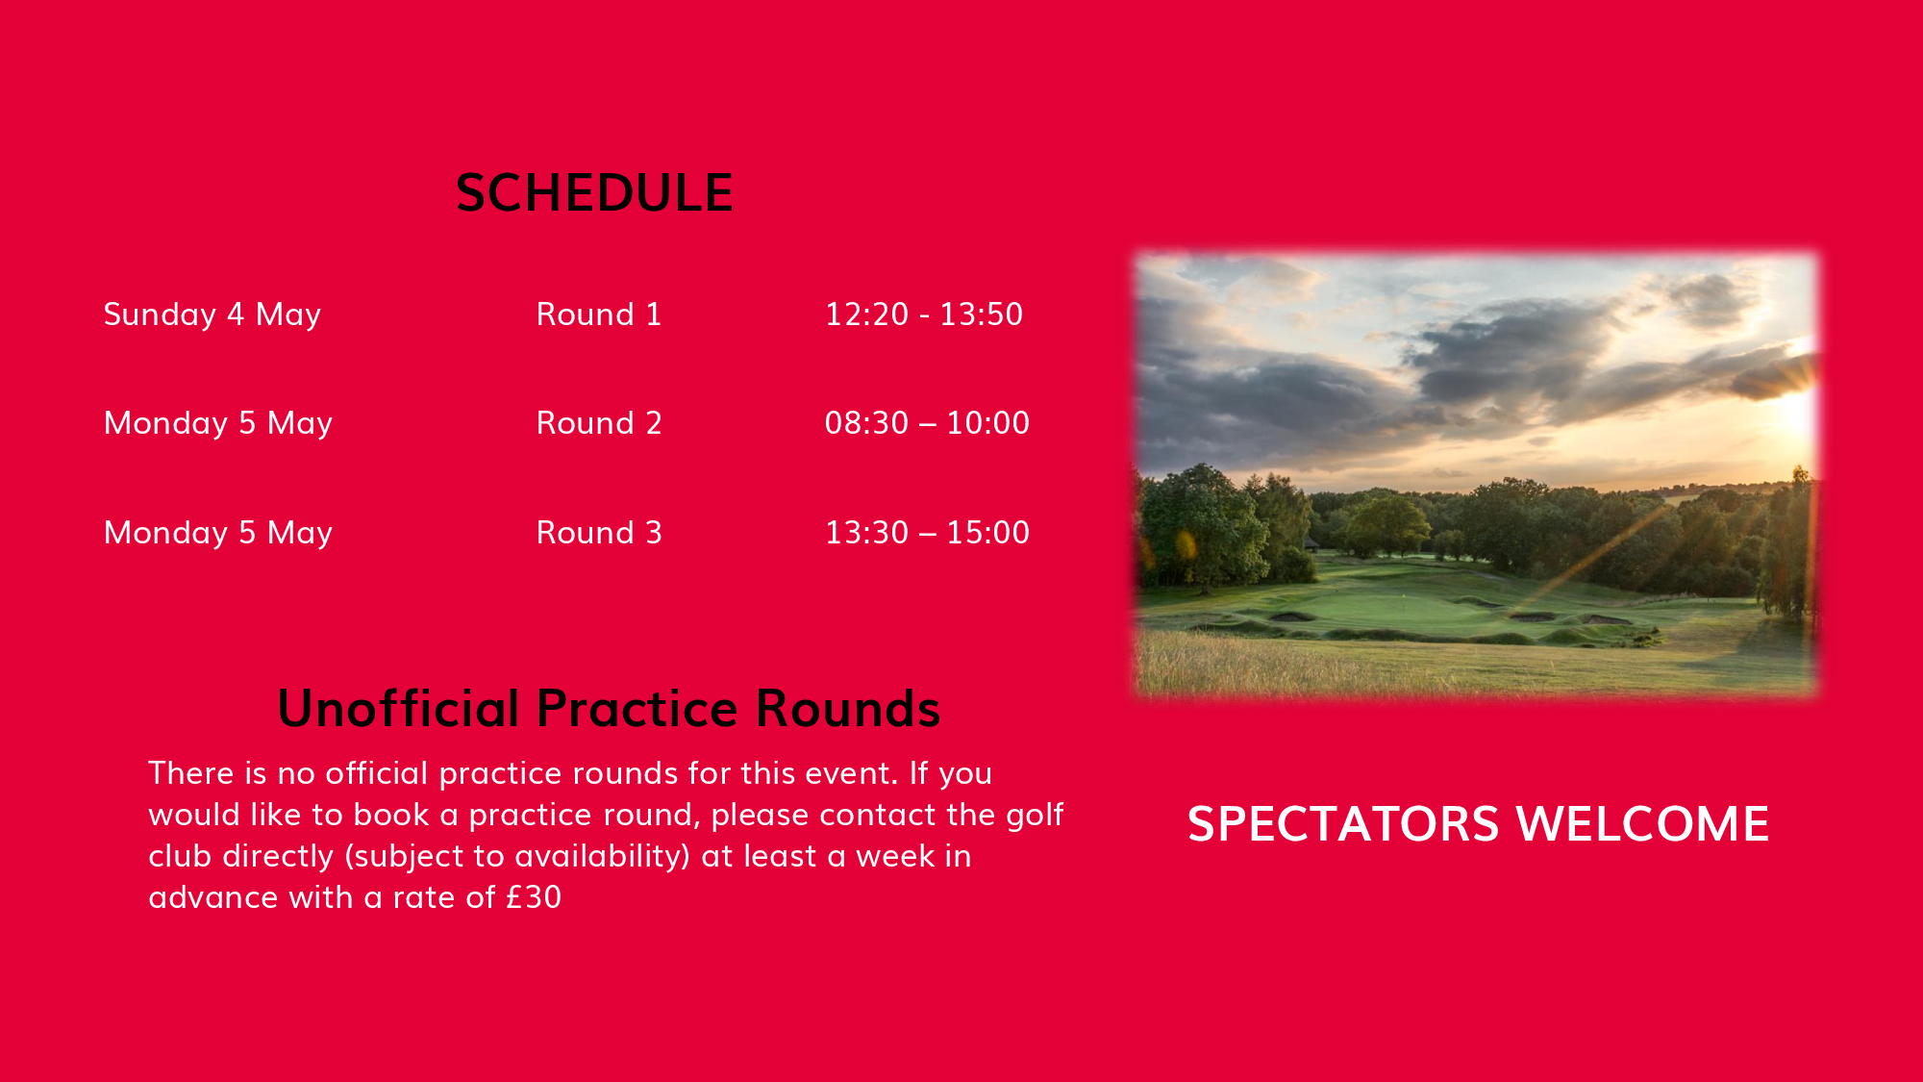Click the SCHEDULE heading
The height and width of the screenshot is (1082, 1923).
[594, 193]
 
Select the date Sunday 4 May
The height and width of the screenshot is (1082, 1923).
[212, 315]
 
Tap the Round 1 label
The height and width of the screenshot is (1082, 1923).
[599, 315]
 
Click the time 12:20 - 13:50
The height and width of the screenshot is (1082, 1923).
[924, 315]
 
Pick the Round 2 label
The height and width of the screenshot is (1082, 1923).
[599, 423]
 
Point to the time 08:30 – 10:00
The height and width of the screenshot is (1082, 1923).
[927, 423]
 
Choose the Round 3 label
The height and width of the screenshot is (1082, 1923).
[599, 533]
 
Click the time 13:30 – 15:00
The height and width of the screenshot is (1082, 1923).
[927, 533]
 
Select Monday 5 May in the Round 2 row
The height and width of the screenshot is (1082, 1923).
[218, 424]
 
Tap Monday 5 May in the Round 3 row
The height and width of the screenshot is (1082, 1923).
[218, 534]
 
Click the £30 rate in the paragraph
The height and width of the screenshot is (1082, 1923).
[534, 897]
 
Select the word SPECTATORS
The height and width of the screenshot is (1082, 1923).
[1343, 824]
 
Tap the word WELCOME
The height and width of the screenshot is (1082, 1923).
[1642, 824]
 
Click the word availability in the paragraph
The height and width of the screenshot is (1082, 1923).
[596, 856]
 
